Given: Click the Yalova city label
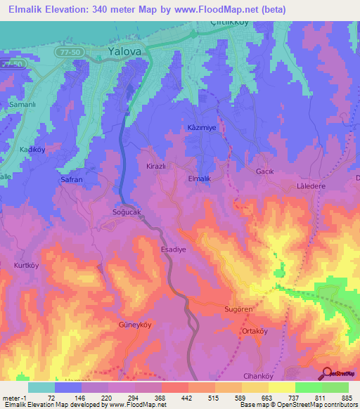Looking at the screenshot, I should point(125,51).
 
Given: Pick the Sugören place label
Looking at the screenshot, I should point(238,309).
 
